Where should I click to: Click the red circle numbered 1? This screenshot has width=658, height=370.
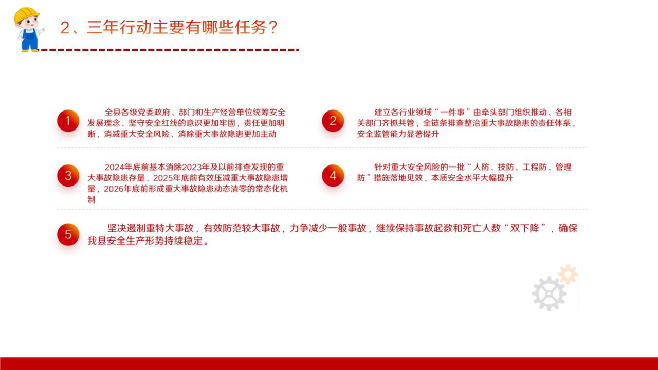tap(68, 121)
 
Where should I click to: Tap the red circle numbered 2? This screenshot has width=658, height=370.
tap(333, 121)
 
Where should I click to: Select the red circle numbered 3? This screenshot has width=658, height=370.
tap(68, 176)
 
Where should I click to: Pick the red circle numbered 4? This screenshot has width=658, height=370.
tap(333, 176)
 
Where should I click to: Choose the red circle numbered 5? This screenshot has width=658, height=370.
tap(68, 234)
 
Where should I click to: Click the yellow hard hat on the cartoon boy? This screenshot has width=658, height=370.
tap(26, 15)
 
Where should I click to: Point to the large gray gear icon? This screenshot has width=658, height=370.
tap(549, 293)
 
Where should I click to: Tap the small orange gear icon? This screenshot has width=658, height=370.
tap(568, 274)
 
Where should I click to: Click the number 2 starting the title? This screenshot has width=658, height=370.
tap(65, 28)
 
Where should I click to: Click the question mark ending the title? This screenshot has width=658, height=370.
tap(272, 28)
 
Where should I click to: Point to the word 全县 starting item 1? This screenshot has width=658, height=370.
tap(113, 112)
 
